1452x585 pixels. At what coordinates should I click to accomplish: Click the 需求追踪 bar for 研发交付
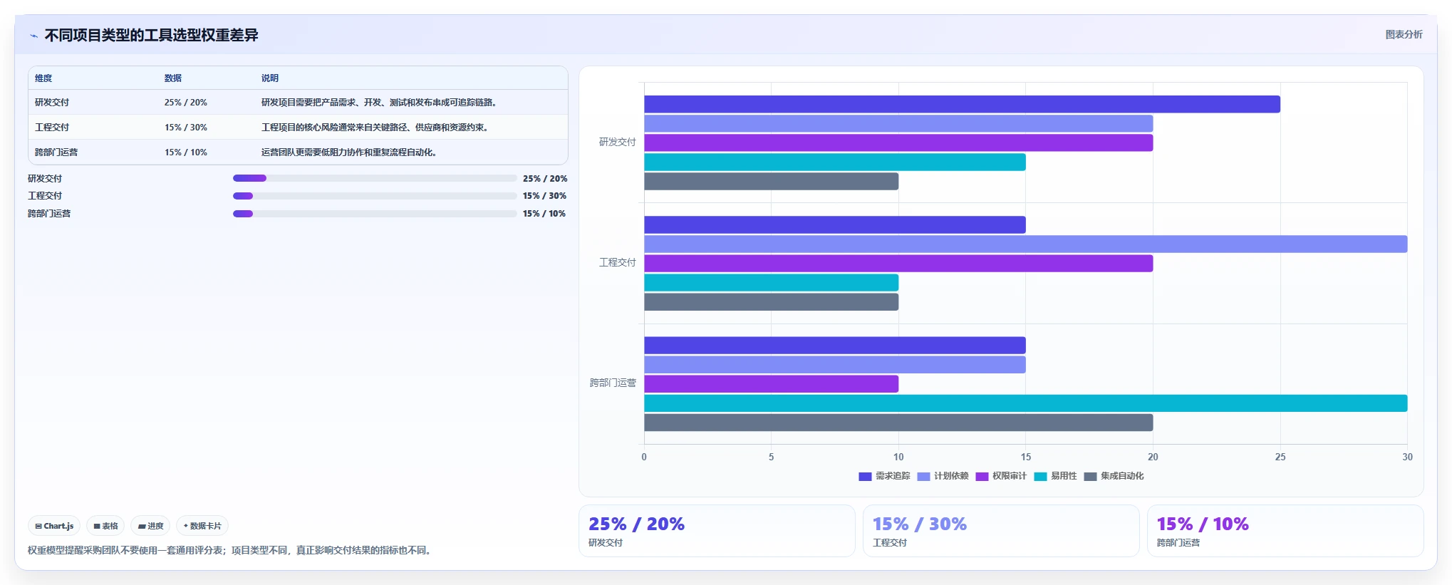(962, 104)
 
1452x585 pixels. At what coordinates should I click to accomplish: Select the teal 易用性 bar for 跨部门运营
(1026, 403)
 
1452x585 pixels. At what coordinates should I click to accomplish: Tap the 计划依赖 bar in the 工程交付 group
(1026, 244)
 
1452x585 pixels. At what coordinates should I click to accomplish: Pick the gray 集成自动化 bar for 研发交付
(771, 181)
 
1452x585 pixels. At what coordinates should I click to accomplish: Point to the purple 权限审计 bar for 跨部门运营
(771, 384)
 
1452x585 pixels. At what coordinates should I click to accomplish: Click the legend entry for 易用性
(1055, 476)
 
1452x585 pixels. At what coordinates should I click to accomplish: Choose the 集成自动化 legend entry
(1114, 476)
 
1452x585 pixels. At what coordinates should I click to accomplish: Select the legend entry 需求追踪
(884, 476)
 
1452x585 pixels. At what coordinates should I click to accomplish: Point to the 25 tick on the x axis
(1280, 457)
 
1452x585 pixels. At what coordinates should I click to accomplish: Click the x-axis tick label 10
(898, 457)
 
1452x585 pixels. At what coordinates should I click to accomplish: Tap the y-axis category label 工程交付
(617, 262)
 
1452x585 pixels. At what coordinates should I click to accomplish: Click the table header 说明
(270, 78)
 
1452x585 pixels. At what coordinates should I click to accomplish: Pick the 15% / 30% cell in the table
(186, 128)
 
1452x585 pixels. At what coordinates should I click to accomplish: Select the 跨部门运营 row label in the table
(56, 152)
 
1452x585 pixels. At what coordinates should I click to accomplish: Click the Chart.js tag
(54, 526)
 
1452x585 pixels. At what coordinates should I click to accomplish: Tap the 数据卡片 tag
(202, 526)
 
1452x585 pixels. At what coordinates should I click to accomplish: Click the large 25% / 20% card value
(636, 524)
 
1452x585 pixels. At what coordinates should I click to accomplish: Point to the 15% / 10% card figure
(1203, 524)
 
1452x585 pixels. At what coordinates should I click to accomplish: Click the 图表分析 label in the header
(1404, 34)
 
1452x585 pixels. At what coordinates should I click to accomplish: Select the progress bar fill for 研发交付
(249, 178)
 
